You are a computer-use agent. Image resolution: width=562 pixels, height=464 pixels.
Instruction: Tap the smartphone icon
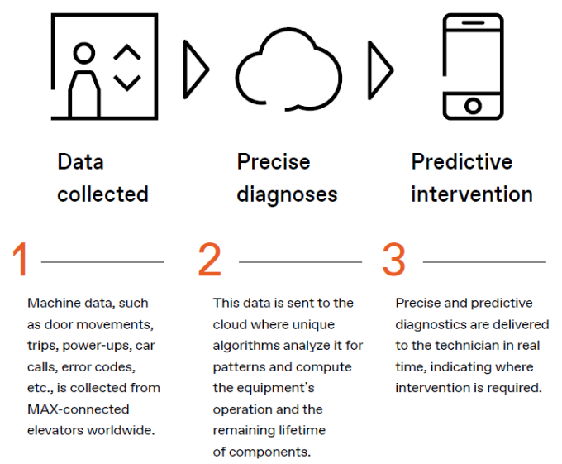tap(473, 66)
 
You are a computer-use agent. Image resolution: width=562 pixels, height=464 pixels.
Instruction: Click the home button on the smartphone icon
tap(473, 105)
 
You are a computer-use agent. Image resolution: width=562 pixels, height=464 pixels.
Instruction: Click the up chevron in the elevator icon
tap(126, 55)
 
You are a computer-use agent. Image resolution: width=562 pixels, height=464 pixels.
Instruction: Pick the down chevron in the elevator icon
tap(126, 83)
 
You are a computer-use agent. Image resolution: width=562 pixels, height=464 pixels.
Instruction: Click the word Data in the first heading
tap(80, 161)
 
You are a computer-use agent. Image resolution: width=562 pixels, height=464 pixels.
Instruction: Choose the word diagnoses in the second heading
tap(287, 194)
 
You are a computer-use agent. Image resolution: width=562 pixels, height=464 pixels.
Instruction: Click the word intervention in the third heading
tap(471, 194)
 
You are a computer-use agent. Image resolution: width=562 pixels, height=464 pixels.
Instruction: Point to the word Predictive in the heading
tap(461, 161)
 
